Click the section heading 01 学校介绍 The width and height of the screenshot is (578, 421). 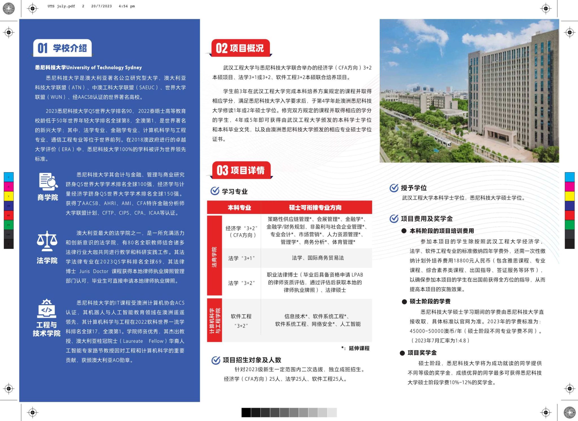63,48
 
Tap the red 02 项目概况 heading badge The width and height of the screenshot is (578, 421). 240,48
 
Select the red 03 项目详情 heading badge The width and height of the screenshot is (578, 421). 241,170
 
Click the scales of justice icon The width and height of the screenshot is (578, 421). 47,241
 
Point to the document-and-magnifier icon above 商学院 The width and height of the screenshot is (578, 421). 48,181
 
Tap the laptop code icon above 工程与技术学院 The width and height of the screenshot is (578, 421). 47,309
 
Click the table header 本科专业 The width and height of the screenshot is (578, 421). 239,208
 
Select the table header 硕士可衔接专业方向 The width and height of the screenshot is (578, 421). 315,208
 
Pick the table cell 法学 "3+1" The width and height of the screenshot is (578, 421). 241,258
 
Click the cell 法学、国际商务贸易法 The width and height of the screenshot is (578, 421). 318,258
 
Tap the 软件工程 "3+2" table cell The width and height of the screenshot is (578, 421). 241,321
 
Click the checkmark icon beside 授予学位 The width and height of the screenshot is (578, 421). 394,188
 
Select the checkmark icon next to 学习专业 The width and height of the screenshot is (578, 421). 215,191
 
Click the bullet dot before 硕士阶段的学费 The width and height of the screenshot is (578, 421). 404,302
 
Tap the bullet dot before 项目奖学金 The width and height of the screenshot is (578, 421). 402,353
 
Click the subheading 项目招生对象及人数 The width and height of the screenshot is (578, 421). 252,360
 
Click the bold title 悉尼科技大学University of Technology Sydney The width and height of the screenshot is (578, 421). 88,67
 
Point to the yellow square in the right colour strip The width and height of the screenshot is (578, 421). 570,196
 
